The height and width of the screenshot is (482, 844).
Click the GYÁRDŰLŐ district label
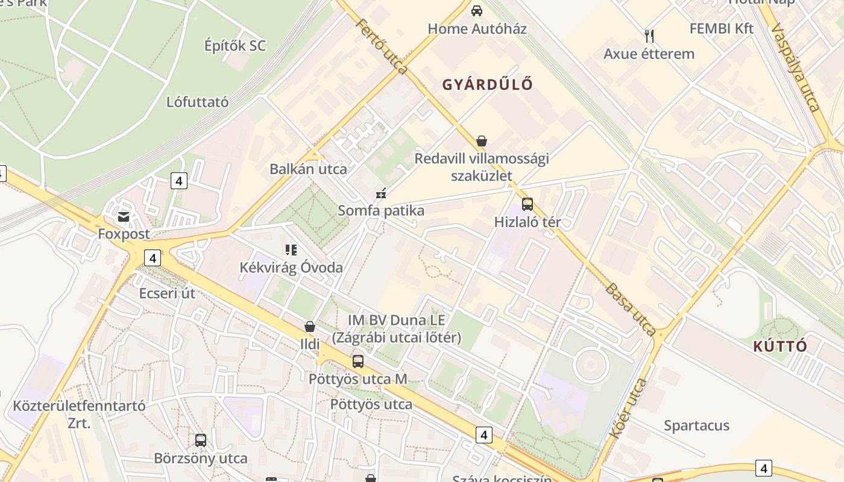coord(488,84)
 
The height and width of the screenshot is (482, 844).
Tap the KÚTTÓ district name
coord(780,346)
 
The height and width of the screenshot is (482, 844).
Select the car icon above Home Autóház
coord(477,11)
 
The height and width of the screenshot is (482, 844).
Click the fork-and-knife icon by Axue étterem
coord(649,36)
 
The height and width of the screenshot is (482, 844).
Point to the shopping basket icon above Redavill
coord(481,141)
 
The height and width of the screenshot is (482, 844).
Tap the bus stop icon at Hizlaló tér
coord(527,204)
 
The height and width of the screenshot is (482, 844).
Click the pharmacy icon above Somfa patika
coord(380,193)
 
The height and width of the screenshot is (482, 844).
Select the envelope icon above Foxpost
coord(124,216)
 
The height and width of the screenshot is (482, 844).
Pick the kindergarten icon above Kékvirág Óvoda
coord(291,249)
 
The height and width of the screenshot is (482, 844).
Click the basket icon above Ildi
coord(310,327)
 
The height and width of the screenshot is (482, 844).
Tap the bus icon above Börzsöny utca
coord(201,440)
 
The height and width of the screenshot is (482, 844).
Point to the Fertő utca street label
coord(382,47)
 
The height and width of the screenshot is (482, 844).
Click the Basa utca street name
coord(631,309)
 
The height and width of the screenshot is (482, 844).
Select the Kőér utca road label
coord(629,408)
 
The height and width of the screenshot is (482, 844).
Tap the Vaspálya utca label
coord(796,67)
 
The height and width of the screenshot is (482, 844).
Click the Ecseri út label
coord(168,293)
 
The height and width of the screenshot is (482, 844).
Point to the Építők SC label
coord(235,46)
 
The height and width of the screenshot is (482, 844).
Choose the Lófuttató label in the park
coord(197,102)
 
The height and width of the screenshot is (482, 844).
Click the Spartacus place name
coord(696,425)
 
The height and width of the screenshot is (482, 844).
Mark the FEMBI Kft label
coord(722,28)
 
